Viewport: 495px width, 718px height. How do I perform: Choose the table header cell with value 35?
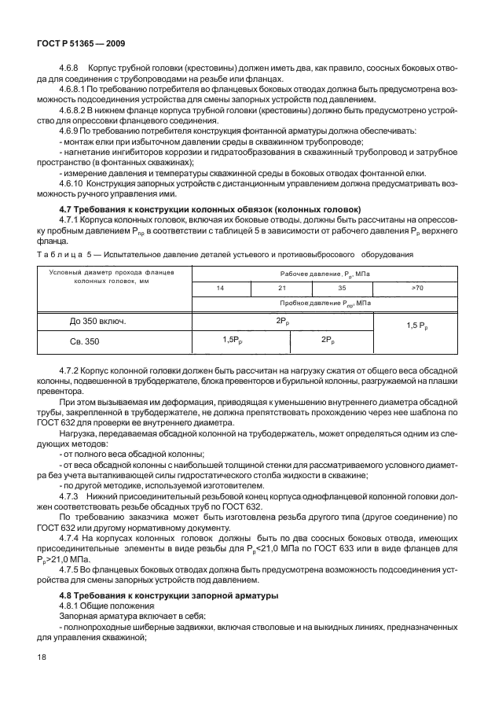pyautogui.click(x=341, y=289)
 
